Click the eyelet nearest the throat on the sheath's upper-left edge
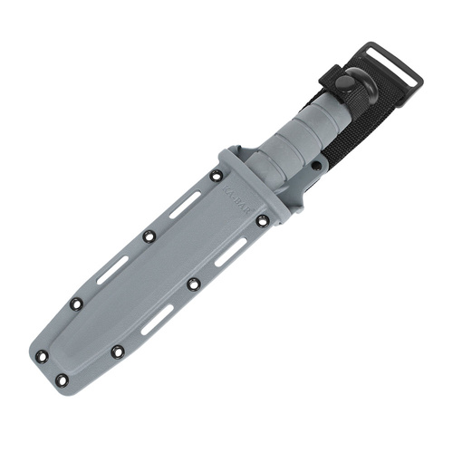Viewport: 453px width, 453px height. (x=217, y=176)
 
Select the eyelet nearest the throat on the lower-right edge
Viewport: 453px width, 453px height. (x=263, y=220)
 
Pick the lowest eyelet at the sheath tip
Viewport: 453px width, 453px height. (x=62, y=381)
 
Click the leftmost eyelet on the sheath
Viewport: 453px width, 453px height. (x=42, y=356)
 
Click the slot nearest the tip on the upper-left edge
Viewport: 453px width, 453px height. (x=112, y=270)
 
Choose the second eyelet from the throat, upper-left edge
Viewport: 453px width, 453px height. (x=149, y=236)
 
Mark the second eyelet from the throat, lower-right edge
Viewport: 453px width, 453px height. (x=193, y=284)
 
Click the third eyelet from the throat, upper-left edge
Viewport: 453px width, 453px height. (x=76, y=304)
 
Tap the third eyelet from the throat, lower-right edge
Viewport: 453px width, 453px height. (x=118, y=352)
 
